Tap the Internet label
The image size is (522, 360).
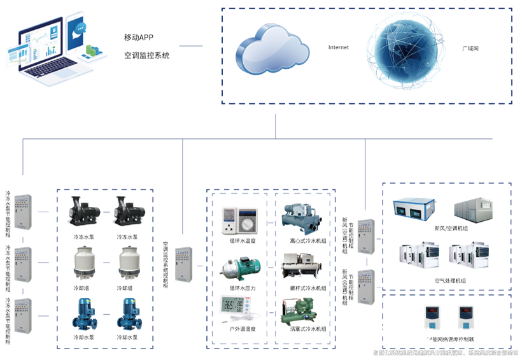coord(339,48)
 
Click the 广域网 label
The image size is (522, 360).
coord(470,48)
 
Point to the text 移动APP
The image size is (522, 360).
coord(139,36)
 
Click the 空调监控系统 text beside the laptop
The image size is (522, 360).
coord(147,55)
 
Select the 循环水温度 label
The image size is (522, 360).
coord(243,241)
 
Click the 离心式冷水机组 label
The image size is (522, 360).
coord(308,241)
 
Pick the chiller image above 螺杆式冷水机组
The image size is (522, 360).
coord(303,264)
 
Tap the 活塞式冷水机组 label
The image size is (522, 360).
coord(308,329)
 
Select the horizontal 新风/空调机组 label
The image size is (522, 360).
coord(451,227)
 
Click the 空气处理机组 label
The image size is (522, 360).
coord(450,280)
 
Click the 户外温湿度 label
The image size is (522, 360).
coord(243,329)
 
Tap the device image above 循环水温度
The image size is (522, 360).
coord(238,219)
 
